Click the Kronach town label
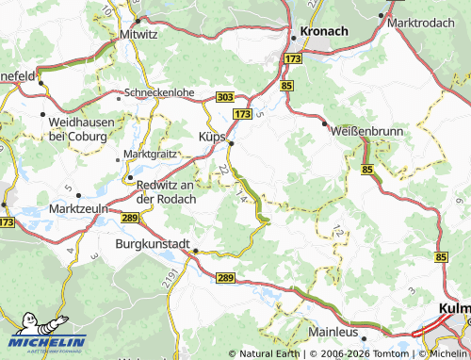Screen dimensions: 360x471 coord(325,31)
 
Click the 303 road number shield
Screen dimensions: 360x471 coord(225,96)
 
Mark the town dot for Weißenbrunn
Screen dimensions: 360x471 coord(325,123)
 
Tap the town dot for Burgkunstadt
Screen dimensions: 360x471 coord(195,252)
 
